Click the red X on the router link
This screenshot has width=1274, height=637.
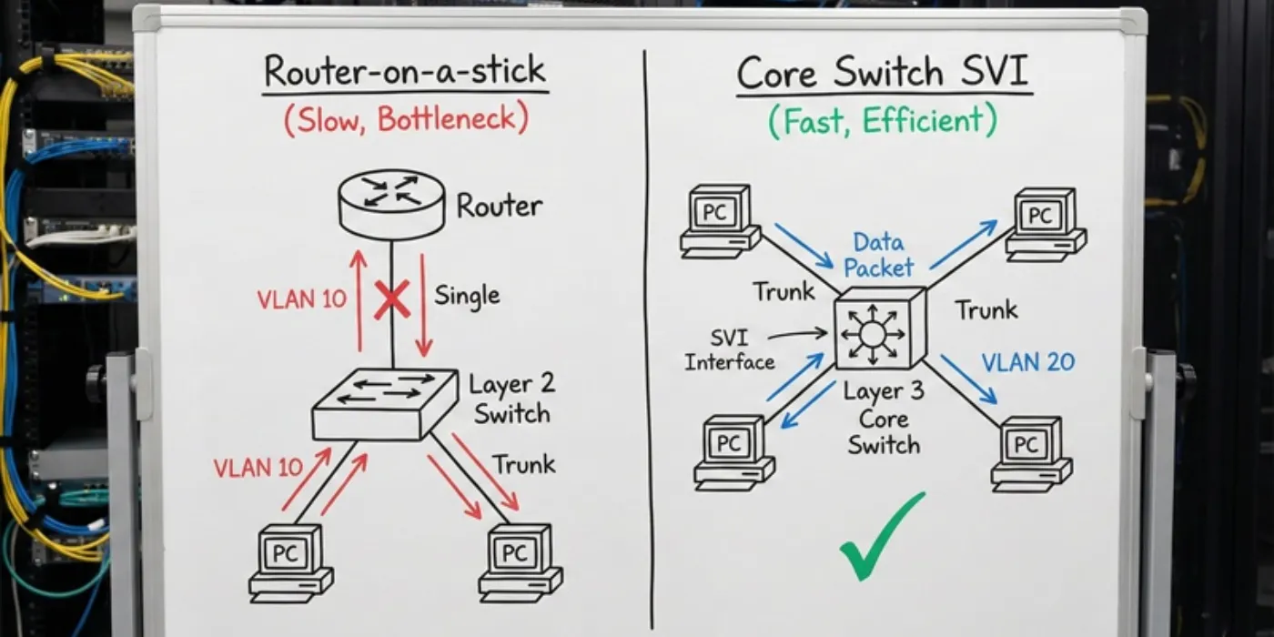click(x=392, y=302)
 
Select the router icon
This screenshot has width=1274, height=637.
click(x=391, y=204)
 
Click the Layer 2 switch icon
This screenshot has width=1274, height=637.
click(x=386, y=405)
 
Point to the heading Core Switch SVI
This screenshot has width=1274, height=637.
click(x=884, y=72)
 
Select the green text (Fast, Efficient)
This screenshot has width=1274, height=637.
click(x=882, y=120)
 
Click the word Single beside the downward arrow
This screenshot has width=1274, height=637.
click(x=467, y=297)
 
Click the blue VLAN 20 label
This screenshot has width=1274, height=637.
click(x=1028, y=362)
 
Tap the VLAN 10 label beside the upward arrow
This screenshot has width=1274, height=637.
click(x=301, y=299)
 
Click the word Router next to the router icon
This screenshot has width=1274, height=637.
click(x=500, y=206)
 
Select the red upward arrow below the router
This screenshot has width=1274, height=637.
click(x=359, y=300)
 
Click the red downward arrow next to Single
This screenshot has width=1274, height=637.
click(x=424, y=305)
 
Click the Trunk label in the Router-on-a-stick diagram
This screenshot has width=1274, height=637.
click(x=523, y=465)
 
